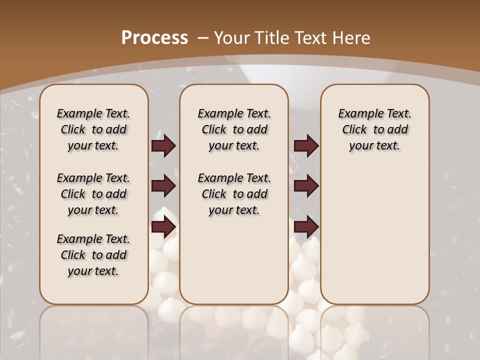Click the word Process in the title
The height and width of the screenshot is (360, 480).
154,37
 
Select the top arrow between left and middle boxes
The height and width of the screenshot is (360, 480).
163,146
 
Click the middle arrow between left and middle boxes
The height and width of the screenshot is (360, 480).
163,186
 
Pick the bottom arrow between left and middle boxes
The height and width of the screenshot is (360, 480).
163,227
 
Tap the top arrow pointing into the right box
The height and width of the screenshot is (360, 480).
306,146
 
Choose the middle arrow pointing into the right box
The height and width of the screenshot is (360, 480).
306,186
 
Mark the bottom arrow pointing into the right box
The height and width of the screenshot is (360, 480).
306,227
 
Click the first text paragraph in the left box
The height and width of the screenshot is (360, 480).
93,129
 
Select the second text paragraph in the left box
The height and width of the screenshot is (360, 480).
93,194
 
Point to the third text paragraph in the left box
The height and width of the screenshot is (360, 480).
93,255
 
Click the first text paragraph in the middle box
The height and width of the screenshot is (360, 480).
234,129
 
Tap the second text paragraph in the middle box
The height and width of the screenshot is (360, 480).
234,194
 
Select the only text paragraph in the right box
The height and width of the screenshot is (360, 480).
374,129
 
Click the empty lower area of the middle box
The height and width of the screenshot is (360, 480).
234,260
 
